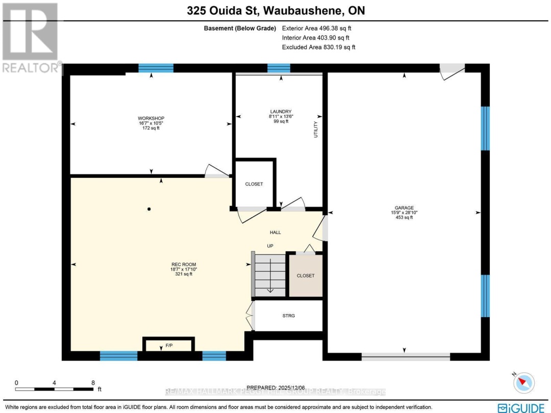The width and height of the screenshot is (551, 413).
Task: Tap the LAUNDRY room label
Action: click(281, 112)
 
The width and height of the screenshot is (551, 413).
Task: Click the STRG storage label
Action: click(288, 316)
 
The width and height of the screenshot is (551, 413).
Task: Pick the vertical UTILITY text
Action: click(316, 130)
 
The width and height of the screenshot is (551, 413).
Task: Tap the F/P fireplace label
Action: click(168, 346)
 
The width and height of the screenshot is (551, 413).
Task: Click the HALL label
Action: click(275, 233)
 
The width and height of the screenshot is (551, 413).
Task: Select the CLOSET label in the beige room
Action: click(306, 276)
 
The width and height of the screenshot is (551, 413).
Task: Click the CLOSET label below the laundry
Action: click(254, 184)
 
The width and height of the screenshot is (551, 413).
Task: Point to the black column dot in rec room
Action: click(149, 209)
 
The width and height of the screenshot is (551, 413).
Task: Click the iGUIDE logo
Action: click(520, 407)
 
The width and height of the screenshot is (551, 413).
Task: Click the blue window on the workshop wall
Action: click(156, 68)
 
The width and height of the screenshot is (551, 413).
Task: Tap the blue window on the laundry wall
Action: click(279, 68)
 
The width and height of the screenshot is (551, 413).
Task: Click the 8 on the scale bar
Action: click(93, 382)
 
